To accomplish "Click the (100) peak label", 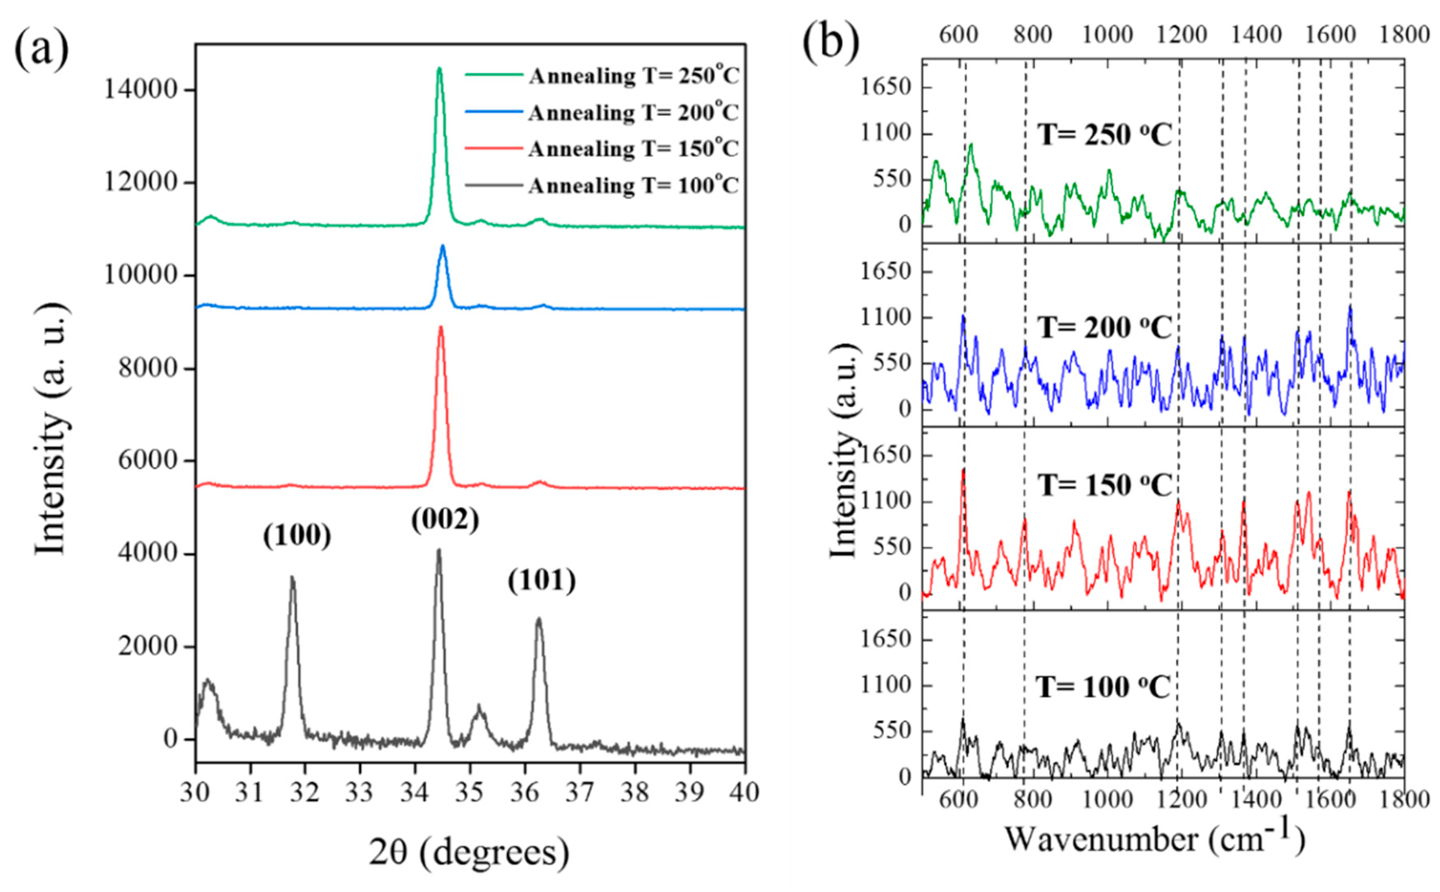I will click(297, 536).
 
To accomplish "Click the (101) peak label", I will click(542, 581).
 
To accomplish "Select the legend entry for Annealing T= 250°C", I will click(602, 76).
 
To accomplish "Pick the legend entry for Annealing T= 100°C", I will click(602, 186).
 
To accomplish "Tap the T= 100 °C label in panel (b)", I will click(1103, 687).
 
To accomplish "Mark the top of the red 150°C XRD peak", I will click(440, 328).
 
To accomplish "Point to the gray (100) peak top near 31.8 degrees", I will click(292, 578).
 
